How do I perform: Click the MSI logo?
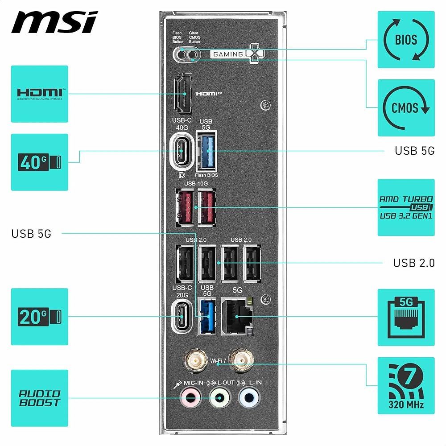[54, 22]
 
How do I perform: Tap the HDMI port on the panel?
[183, 94]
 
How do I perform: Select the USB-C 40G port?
[182, 152]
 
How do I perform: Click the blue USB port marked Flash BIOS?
[206, 152]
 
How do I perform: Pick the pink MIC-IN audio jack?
[190, 396]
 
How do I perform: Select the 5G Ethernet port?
[236, 315]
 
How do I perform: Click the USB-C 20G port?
[182, 317]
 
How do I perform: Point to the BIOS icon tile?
[406, 40]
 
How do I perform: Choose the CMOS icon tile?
[406, 107]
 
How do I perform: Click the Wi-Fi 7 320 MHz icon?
[406, 385]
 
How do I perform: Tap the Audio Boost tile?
[39, 398]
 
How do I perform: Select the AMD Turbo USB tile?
[406, 207]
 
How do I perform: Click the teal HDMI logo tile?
[39, 94]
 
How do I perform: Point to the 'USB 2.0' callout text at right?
[413, 263]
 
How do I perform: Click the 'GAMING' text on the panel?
[228, 54]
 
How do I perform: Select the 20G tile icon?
[39, 317]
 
